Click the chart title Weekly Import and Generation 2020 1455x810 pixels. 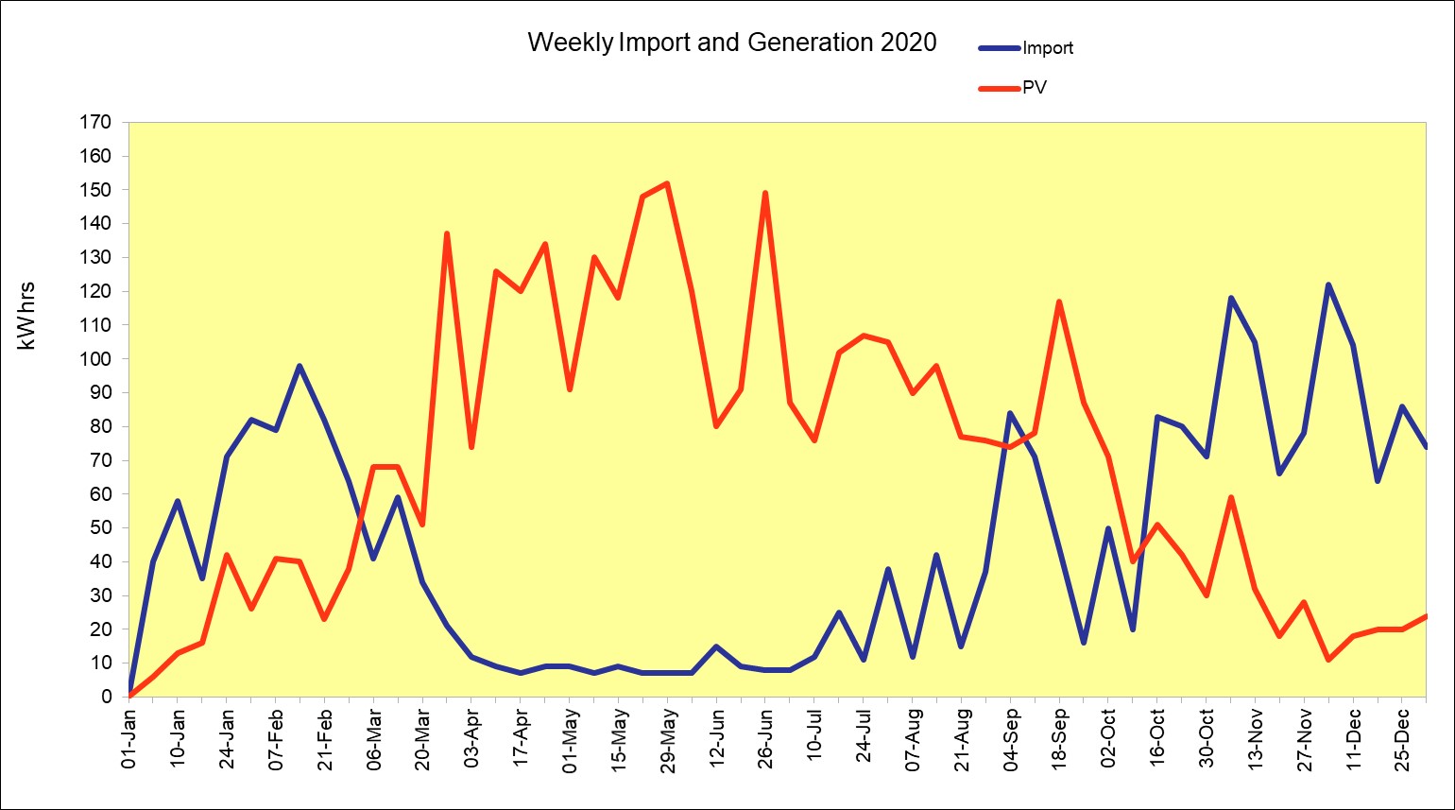click(731, 43)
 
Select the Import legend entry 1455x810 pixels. click(1047, 48)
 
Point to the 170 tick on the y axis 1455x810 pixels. click(98, 122)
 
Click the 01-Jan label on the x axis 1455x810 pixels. click(129, 741)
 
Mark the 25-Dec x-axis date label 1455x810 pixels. click(1402, 741)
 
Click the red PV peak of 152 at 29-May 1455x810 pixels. click(667, 183)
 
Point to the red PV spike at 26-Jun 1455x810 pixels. click(765, 193)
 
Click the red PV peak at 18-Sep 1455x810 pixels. click(1059, 302)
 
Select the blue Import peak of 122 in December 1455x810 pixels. click(1328, 284)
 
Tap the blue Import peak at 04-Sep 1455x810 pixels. click(1010, 413)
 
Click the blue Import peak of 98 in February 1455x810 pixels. click(300, 366)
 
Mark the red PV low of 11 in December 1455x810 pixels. click(1328, 660)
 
